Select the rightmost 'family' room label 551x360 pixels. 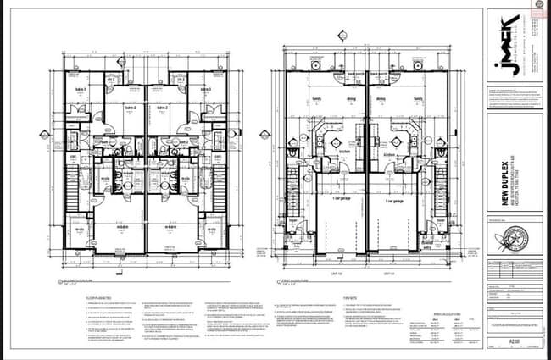tap(417, 99)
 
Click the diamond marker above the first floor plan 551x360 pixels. tap(342, 36)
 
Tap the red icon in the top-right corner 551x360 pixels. tap(537, 6)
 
